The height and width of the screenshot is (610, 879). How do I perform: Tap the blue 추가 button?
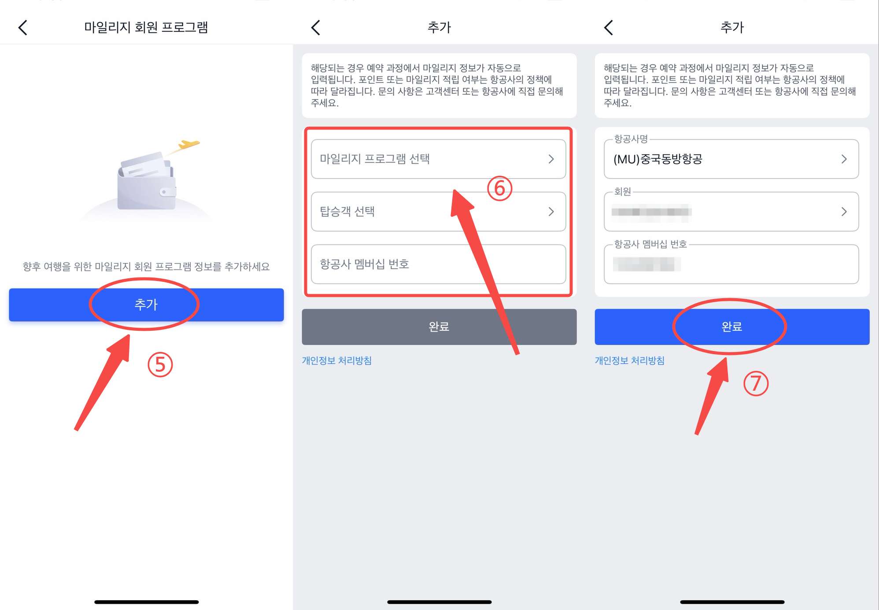(x=146, y=305)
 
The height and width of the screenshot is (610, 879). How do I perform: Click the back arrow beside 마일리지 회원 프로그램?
(x=23, y=27)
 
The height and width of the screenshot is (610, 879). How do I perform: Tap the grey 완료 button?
(x=439, y=327)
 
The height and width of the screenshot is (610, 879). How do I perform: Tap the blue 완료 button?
(x=731, y=327)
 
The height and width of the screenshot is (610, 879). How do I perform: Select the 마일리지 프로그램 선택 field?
(x=438, y=159)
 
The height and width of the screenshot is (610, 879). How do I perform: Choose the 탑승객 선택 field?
(x=438, y=212)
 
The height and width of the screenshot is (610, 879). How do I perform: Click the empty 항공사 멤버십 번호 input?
(x=438, y=264)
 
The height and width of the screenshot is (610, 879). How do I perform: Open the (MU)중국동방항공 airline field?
(x=731, y=159)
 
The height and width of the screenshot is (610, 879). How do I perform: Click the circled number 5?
(x=160, y=365)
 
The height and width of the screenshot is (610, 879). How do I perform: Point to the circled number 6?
(x=499, y=189)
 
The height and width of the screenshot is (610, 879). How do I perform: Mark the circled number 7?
(x=756, y=383)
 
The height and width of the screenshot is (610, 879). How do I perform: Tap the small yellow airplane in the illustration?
(x=188, y=144)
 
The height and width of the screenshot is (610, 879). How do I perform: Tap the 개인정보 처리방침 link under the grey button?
(x=336, y=361)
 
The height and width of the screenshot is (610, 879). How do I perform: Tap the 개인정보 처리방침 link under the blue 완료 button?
(x=629, y=361)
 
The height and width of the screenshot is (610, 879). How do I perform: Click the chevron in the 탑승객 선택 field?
(x=551, y=212)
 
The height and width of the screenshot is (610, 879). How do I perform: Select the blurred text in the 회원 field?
(x=651, y=212)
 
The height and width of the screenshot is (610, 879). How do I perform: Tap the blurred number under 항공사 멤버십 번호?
(x=646, y=264)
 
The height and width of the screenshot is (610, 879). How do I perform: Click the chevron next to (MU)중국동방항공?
(x=844, y=159)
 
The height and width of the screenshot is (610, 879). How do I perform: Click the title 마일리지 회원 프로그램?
(x=146, y=27)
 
